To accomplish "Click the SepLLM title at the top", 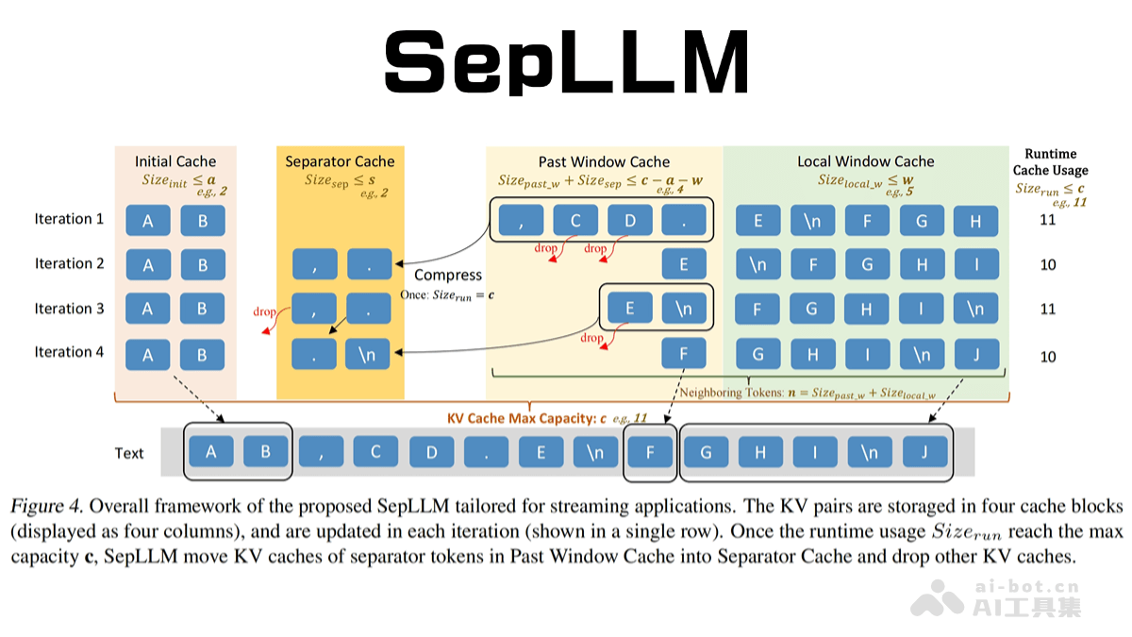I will point(565,61).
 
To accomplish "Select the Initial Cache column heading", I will point(175,161).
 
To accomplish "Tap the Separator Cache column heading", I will point(340,161).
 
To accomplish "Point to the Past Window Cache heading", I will point(604,161).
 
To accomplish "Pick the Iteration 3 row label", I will point(70,309).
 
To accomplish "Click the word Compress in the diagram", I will point(448,275).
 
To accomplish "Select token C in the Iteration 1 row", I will point(575,221).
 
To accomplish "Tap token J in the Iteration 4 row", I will point(976,355).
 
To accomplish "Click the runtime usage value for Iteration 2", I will point(1048,265).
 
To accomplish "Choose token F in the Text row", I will point(651,452).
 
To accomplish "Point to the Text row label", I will point(129,453).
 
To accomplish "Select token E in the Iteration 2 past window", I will point(684,265).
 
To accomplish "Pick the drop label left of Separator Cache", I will point(265,311).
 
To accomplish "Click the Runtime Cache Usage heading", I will point(1050,161).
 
